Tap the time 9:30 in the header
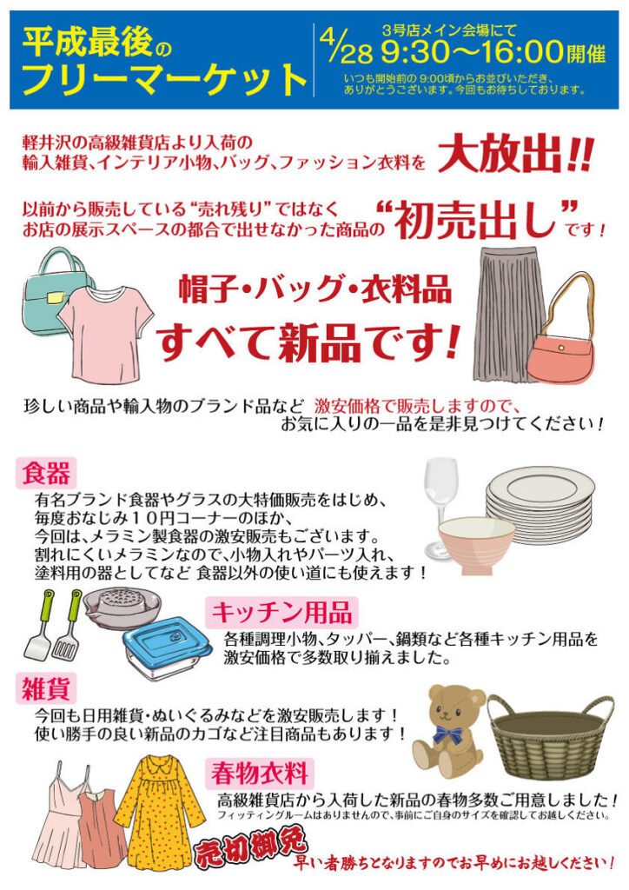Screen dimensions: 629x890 click(414, 53)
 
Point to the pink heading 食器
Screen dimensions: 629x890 click(46, 474)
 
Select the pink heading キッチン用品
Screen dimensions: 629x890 click(281, 613)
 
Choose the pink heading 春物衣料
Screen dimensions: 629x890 click(260, 773)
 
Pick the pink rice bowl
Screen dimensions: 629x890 click(475, 544)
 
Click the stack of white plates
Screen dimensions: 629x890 click(540, 503)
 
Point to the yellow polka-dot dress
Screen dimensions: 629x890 click(160, 811)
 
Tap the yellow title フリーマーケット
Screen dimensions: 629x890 click(164, 79)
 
